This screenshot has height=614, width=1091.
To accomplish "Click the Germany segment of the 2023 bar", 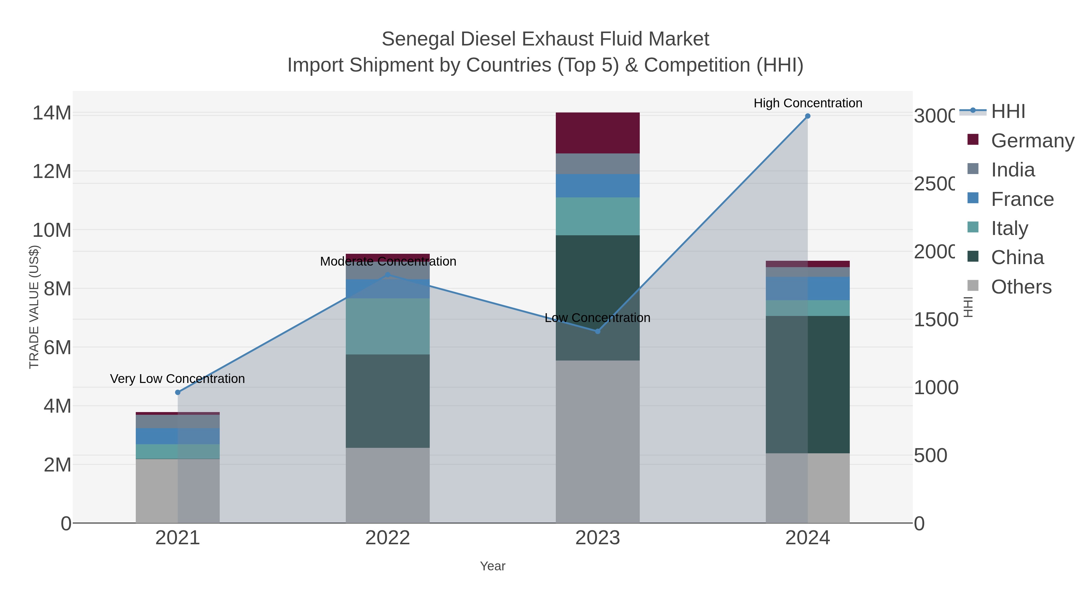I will [597, 133].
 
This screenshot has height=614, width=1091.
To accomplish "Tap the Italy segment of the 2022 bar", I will [388, 326].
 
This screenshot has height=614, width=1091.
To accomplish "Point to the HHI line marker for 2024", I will [807, 116].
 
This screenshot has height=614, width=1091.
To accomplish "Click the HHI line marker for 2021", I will [178, 392].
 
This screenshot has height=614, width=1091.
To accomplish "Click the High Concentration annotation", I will [807, 103].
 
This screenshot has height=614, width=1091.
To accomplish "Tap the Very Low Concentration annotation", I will [178, 378].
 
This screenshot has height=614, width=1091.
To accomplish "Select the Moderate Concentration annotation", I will [388, 261].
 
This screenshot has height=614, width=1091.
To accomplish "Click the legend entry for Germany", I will [1033, 140].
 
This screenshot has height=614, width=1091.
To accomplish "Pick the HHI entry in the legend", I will [1008, 111].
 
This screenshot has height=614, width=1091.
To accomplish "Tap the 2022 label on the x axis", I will [388, 538].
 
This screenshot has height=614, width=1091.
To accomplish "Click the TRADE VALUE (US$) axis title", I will [34, 307].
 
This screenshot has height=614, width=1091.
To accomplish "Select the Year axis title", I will [492, 566].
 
